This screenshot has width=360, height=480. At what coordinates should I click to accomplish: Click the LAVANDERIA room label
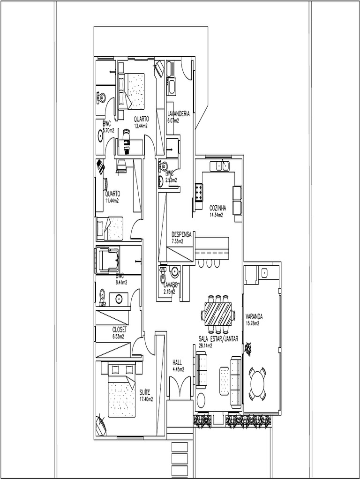pyautogui.click(x=179, y=114)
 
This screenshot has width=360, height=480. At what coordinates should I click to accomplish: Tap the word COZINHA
pyautogui.click(x=217, y=208)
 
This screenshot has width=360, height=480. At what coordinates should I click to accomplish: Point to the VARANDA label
pyautogui.click(x=254, y=316)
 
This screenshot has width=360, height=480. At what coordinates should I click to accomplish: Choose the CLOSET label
pyautogui.click(x=119, y=330)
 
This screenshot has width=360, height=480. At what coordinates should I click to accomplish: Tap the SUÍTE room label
pyautogui.click(x=144, y=392)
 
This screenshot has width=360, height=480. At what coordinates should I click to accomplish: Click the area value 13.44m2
pyautogui.click(x=141, y=126)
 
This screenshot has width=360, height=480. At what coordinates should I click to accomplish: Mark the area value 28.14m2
pyautogui.click(x=205, y=346)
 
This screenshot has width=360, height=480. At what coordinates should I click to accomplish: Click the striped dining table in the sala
pyautogui.click(x=218, y=314)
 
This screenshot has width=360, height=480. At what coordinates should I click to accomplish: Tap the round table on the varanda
pyautogui.click(x=257, y=384)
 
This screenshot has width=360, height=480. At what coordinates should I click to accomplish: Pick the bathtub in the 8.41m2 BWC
pyautogui.click(x=108, y=259)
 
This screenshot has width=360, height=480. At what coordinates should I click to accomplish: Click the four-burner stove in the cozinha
pyautogui.click(x=199, y=192)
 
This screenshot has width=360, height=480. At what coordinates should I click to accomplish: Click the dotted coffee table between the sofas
pyautogui.click(x=225, y=381)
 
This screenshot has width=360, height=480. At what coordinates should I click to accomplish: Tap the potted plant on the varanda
pyautogui.click(x=247, y=348)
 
